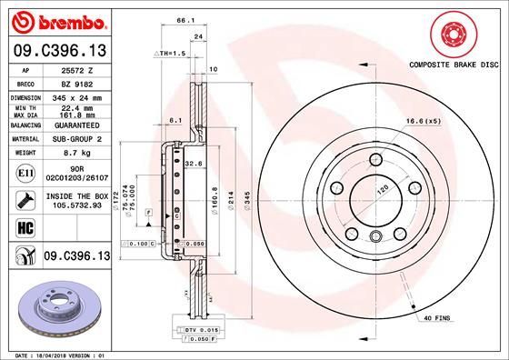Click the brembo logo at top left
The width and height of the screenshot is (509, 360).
coord(56,21)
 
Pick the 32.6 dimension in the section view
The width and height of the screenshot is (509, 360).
coord(193,163)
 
